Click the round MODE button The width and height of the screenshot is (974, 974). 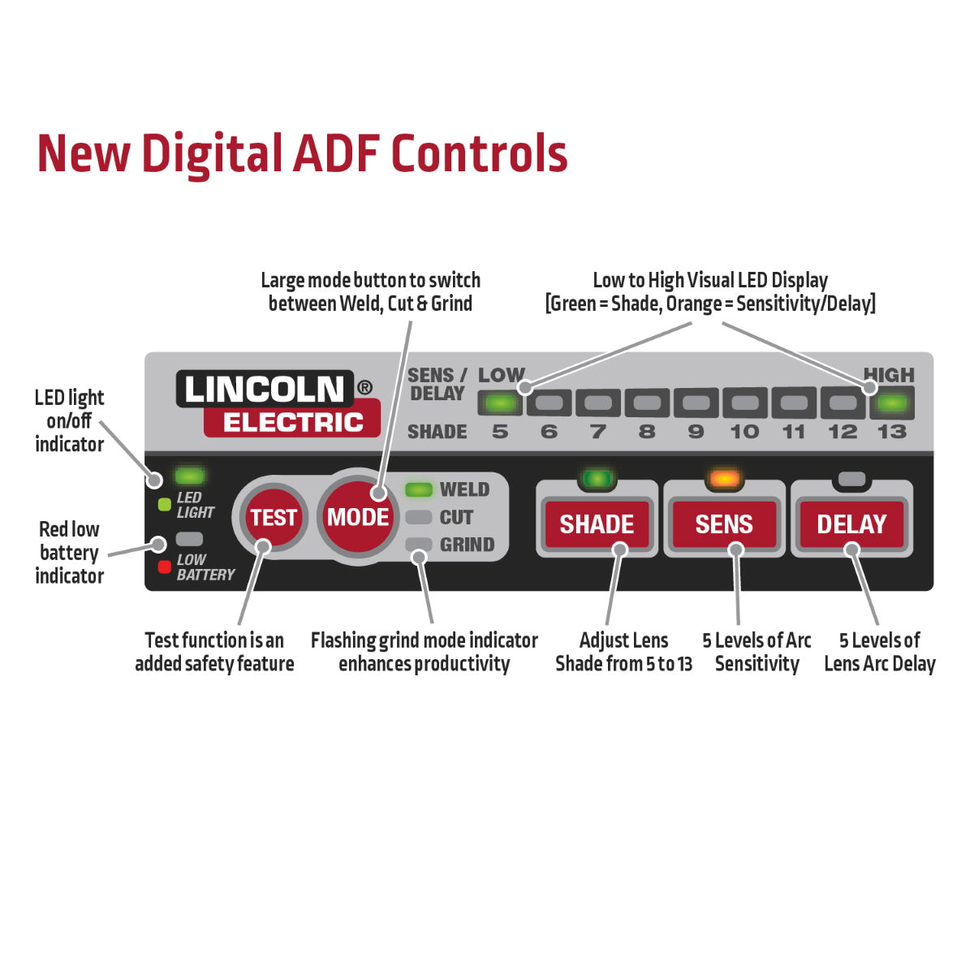click(x=357, y=517)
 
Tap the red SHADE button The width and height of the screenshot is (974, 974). click(x=597, y=524)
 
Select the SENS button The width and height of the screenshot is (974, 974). click(x=724, y=524)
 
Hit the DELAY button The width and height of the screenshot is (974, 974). click(x=851, y=524)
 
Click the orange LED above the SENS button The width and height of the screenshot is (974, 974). click(x=724, y=479)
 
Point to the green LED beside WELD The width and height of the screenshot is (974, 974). click(x=419, y=489)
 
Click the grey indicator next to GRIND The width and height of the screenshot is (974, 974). click(x=419, y=544)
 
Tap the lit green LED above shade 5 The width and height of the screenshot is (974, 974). click(x=500, y=403)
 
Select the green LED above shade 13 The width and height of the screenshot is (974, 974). click(x=892, y=403)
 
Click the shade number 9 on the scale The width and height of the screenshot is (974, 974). click(x=696, y=432)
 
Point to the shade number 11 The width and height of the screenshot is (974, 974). click(x=794, y=432)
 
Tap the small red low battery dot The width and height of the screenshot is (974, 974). click(x=164, y=567)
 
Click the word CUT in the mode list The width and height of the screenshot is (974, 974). click(x=456, y=517)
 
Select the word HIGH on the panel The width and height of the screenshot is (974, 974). click(x=889, y=375)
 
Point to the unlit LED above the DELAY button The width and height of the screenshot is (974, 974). click(x=851, y=479)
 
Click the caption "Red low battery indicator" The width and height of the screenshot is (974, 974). click(x=70, y=553)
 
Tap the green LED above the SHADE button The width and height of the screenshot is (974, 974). click(x=597, y=479)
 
